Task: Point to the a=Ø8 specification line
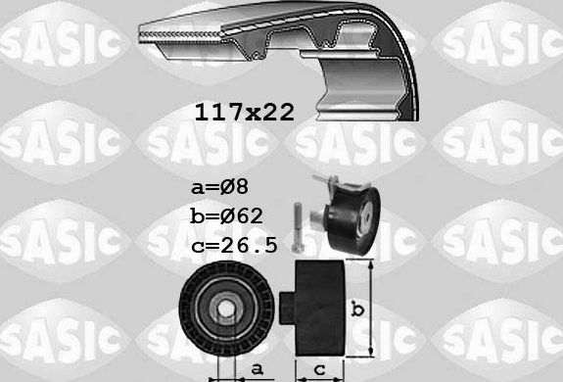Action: (222, 185)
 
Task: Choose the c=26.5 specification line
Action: (236, 244)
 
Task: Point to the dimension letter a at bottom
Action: (256, 369)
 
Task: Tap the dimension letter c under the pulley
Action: (320, 369)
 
